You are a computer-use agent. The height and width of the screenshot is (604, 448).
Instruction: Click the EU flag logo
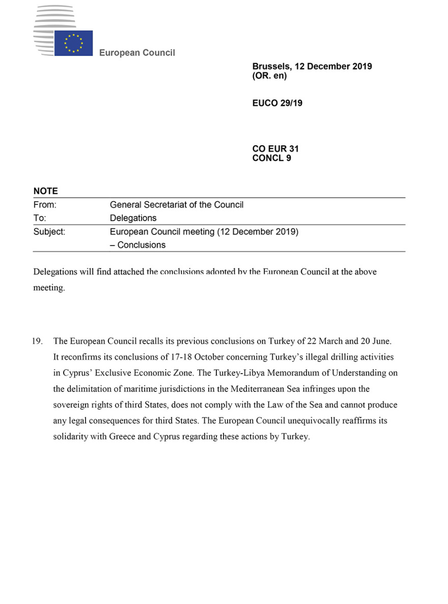[x=73, y=43]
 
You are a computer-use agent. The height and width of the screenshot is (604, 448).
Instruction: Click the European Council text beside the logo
[x=137, y=53]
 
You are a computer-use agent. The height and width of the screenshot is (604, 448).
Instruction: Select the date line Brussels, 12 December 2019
[x=312, y=67]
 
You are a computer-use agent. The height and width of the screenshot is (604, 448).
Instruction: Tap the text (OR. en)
[x=269, y=76]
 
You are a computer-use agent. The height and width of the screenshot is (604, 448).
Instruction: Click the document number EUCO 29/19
[x=277, y=103]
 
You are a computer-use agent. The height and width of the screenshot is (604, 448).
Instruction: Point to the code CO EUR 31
[x=275, y=149]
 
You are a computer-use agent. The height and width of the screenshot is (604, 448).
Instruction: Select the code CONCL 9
[x=271, y=158]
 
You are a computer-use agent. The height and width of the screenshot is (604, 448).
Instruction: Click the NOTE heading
[x=46, y=191]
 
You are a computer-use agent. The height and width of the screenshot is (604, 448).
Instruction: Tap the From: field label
[x=45, y=205]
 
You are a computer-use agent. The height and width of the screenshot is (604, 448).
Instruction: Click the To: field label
[x=40, y=218]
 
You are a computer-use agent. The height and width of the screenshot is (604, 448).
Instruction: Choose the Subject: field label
[x=49, y=232]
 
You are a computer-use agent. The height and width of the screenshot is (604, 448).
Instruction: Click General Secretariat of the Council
[x=177, y=205]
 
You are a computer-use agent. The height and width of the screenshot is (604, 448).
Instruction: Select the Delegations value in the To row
[x=133, y=218]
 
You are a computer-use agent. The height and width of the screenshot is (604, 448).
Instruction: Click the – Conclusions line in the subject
[x=138, y=245]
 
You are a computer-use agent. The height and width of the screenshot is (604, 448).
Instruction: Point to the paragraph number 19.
[x=38, y=341]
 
